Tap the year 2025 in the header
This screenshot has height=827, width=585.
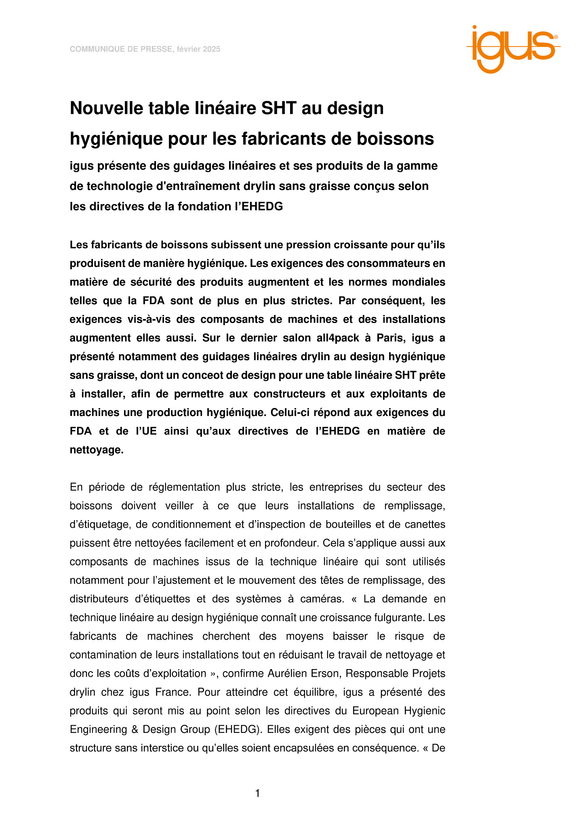point(212,49)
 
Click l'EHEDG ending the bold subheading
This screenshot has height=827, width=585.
point(265,206)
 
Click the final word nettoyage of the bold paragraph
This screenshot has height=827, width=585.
point(97,450)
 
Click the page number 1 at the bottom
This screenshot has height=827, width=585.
point(257,793)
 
